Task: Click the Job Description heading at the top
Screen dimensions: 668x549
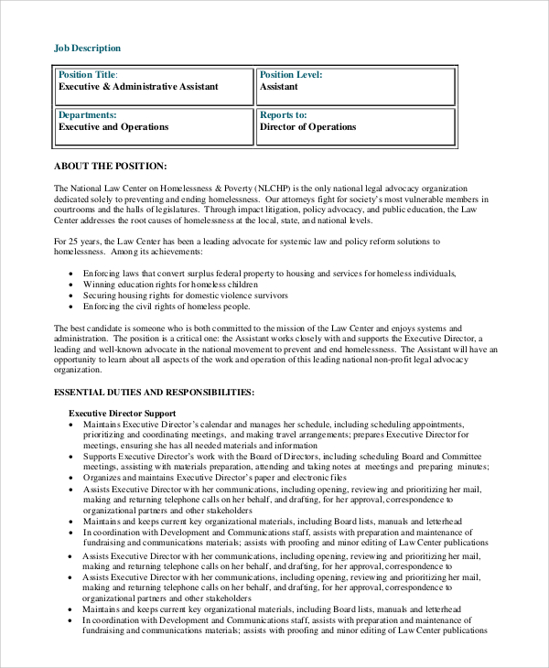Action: coord(87,48)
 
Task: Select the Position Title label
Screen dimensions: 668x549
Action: coord(88,74)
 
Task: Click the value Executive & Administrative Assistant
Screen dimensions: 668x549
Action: coord(138,87)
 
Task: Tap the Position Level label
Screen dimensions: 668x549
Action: coord(291,74)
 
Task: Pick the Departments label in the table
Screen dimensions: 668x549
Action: coord(87,115)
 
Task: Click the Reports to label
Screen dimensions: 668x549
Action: coord(283,115)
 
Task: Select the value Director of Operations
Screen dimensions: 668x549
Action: coord(307,127)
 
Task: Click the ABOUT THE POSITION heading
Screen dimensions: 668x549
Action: coord(111,166)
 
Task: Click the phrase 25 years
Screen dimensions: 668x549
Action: coord(84,242)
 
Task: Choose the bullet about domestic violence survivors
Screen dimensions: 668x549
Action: coord(185,296)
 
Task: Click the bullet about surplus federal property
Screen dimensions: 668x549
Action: coord(269,274)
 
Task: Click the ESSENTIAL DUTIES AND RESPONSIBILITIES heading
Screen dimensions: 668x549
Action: coord(154,392)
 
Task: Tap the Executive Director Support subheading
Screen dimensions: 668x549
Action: coord(122,414)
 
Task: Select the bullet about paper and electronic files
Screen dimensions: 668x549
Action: coord(214,478)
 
